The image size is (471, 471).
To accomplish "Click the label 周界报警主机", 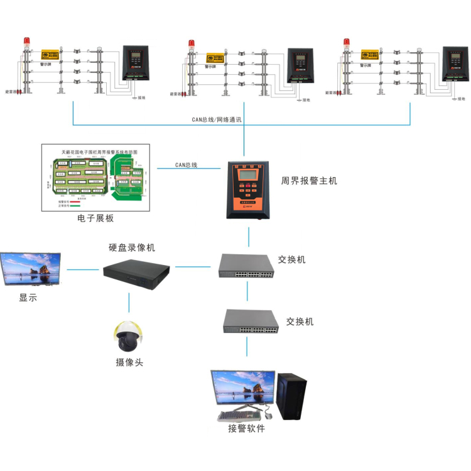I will coord(309,180).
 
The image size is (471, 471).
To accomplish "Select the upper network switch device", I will coord(247,266).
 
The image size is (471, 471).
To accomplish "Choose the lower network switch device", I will coord(251,322).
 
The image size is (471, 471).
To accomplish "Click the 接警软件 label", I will coord(246,428).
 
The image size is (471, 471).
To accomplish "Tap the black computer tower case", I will coord(292,396).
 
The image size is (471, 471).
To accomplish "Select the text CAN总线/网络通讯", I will coord(217,119).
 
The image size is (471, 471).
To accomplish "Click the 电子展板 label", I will coord(96,218).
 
